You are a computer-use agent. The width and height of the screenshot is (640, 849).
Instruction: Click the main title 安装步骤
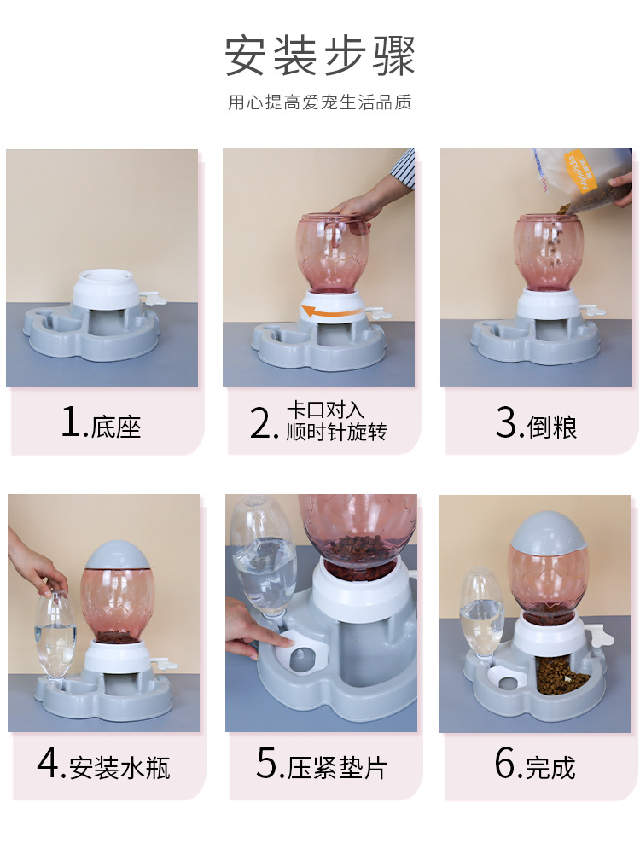point(320,55)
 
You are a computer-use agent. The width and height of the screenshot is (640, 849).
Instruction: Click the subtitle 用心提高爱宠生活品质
point(320,103)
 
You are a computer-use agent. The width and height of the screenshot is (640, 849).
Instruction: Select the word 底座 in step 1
point(116,426)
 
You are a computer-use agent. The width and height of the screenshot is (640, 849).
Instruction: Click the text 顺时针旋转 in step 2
point(336,433)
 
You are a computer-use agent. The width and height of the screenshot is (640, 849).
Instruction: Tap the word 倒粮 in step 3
point(552,426)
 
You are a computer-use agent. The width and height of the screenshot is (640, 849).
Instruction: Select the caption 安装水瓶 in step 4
point(120,767)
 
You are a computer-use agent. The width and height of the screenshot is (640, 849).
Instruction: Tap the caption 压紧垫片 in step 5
point(336,767)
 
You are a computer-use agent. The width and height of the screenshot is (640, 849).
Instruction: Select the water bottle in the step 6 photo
point(481,614)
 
